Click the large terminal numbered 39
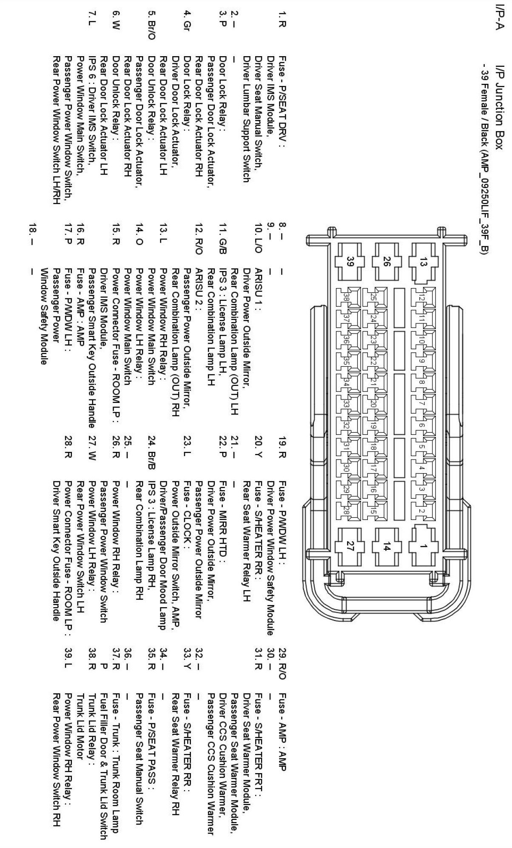tap(350, 261)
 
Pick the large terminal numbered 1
tap(423, 548)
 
